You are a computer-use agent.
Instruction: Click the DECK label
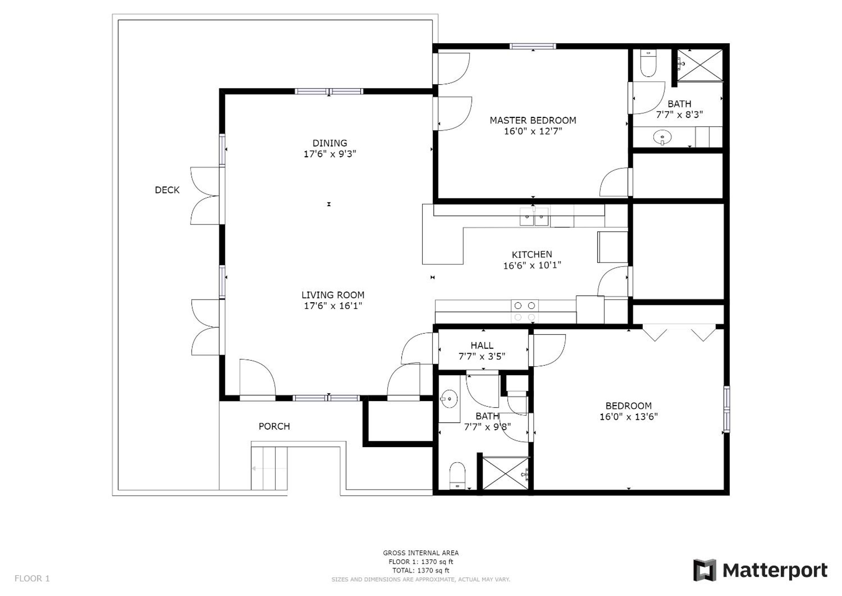(167, 190)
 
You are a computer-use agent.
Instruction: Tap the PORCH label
(274, 426)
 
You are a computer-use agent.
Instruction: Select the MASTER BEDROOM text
(533, 120)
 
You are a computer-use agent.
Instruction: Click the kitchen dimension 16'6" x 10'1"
(532, 265)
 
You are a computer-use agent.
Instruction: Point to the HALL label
(482, 346)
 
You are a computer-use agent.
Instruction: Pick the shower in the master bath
(700, 65)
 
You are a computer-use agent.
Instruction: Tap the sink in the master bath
(662, 138)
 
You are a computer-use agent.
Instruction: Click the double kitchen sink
(534, 216)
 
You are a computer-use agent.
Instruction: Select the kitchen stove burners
(525, 311)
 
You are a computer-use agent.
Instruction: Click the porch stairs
(269, 468)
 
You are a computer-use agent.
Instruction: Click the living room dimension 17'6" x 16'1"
(333, 306)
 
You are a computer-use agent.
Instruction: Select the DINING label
(330, 143)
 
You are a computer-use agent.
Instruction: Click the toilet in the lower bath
(457, 476)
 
